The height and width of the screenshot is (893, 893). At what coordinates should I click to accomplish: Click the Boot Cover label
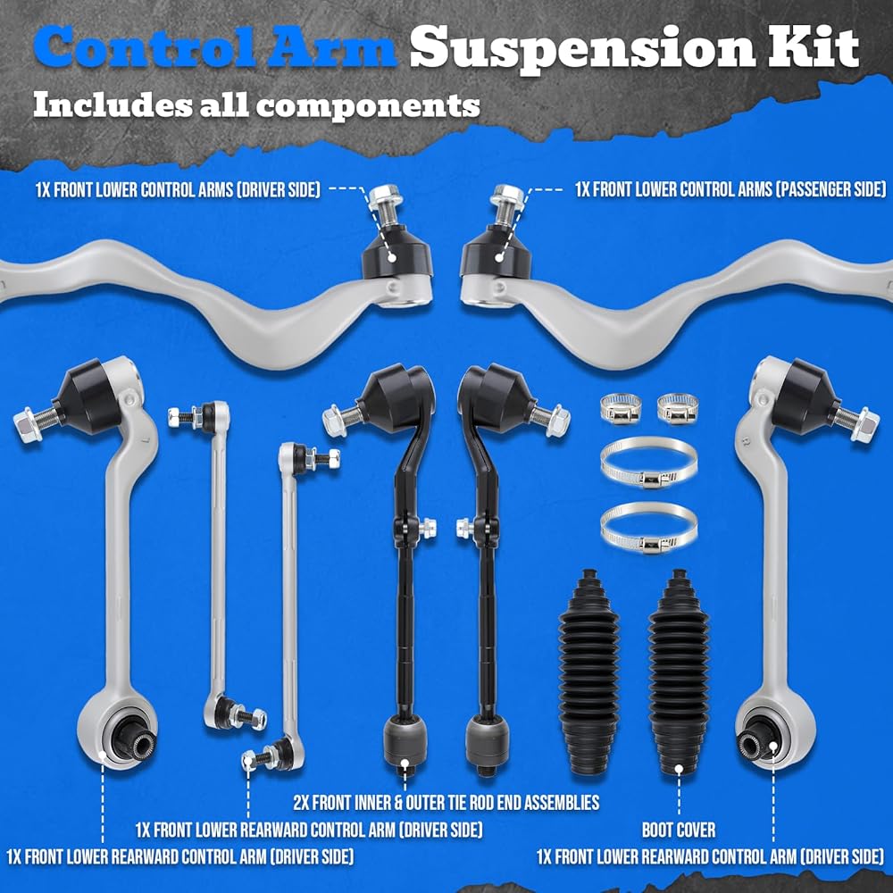tap(679, 830)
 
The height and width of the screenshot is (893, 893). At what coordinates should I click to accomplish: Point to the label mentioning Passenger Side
tap(730, 189)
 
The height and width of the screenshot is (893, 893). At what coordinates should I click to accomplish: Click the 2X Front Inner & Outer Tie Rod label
tap(446, 803)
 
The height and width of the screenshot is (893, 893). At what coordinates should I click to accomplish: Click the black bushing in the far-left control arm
tap(132, 737)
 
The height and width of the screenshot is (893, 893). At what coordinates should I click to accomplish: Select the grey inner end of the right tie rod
tap(487, 742)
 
